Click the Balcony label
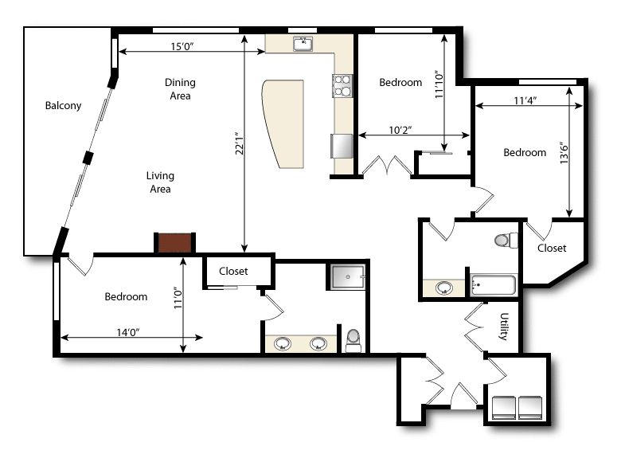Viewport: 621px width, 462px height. click(x=63, y=105)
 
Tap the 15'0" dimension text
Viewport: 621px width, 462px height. click(x=182, y=46)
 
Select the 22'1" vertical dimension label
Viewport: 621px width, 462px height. click(x=239, y=143)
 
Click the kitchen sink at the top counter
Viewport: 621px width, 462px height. click(x=303, y=44)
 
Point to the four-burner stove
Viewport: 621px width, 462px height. click(x=342, y=85)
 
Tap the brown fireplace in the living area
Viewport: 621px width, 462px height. click(x=174, y=243)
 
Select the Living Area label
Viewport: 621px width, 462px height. click(x=160, y=182)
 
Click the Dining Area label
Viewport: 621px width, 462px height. click(x=180, y=88)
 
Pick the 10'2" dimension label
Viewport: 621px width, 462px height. click(x=400, y=130)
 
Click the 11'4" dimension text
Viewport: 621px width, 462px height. click(x=525, y=100)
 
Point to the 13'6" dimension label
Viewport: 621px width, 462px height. click(x=564, y=153)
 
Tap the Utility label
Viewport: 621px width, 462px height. click(x=504, y=327)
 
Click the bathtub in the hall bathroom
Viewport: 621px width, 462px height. click(x=494, y=284)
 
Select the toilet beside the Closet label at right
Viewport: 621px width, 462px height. click(x=506, y=240)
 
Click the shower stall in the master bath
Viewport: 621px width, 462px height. click(x=348, y=276)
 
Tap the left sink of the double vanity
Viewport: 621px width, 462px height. click(x=283, y=343)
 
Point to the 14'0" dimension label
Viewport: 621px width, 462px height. click(x=128, y=332)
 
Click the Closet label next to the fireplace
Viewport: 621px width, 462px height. click(x=233, y=271)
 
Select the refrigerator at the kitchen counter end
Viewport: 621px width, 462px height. click(x=342, y=146)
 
